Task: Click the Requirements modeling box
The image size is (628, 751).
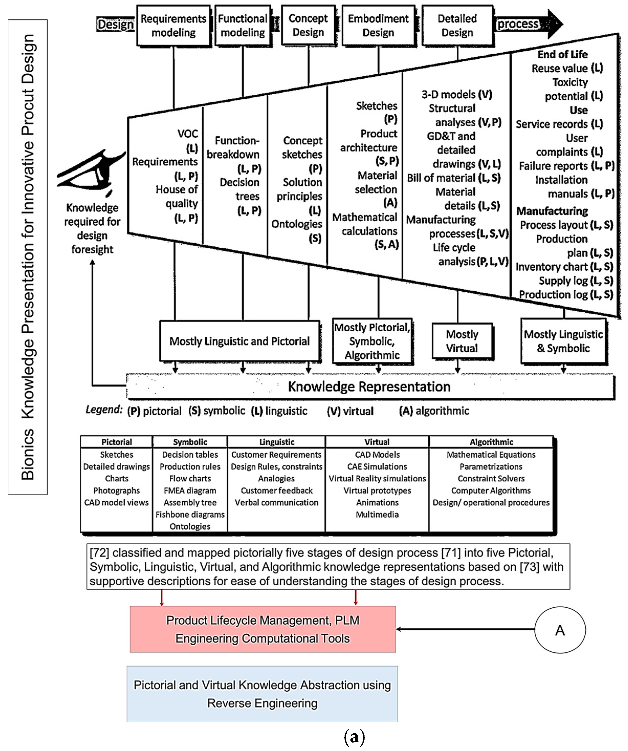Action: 173,25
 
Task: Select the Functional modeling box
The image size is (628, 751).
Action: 243,25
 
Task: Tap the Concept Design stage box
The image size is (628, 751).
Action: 308,25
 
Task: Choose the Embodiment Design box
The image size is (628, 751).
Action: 378,25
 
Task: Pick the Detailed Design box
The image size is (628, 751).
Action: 457,25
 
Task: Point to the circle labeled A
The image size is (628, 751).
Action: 560,630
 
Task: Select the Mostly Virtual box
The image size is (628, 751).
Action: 462,341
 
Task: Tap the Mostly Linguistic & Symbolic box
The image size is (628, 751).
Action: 564,341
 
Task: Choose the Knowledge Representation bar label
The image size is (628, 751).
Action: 369,386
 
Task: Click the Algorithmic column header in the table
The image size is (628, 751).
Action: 491,442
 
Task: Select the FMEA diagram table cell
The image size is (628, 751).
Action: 190,491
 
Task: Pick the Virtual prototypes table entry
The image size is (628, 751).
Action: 377,491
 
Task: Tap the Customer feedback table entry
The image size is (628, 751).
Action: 277,491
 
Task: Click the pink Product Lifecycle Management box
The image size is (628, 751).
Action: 263,629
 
